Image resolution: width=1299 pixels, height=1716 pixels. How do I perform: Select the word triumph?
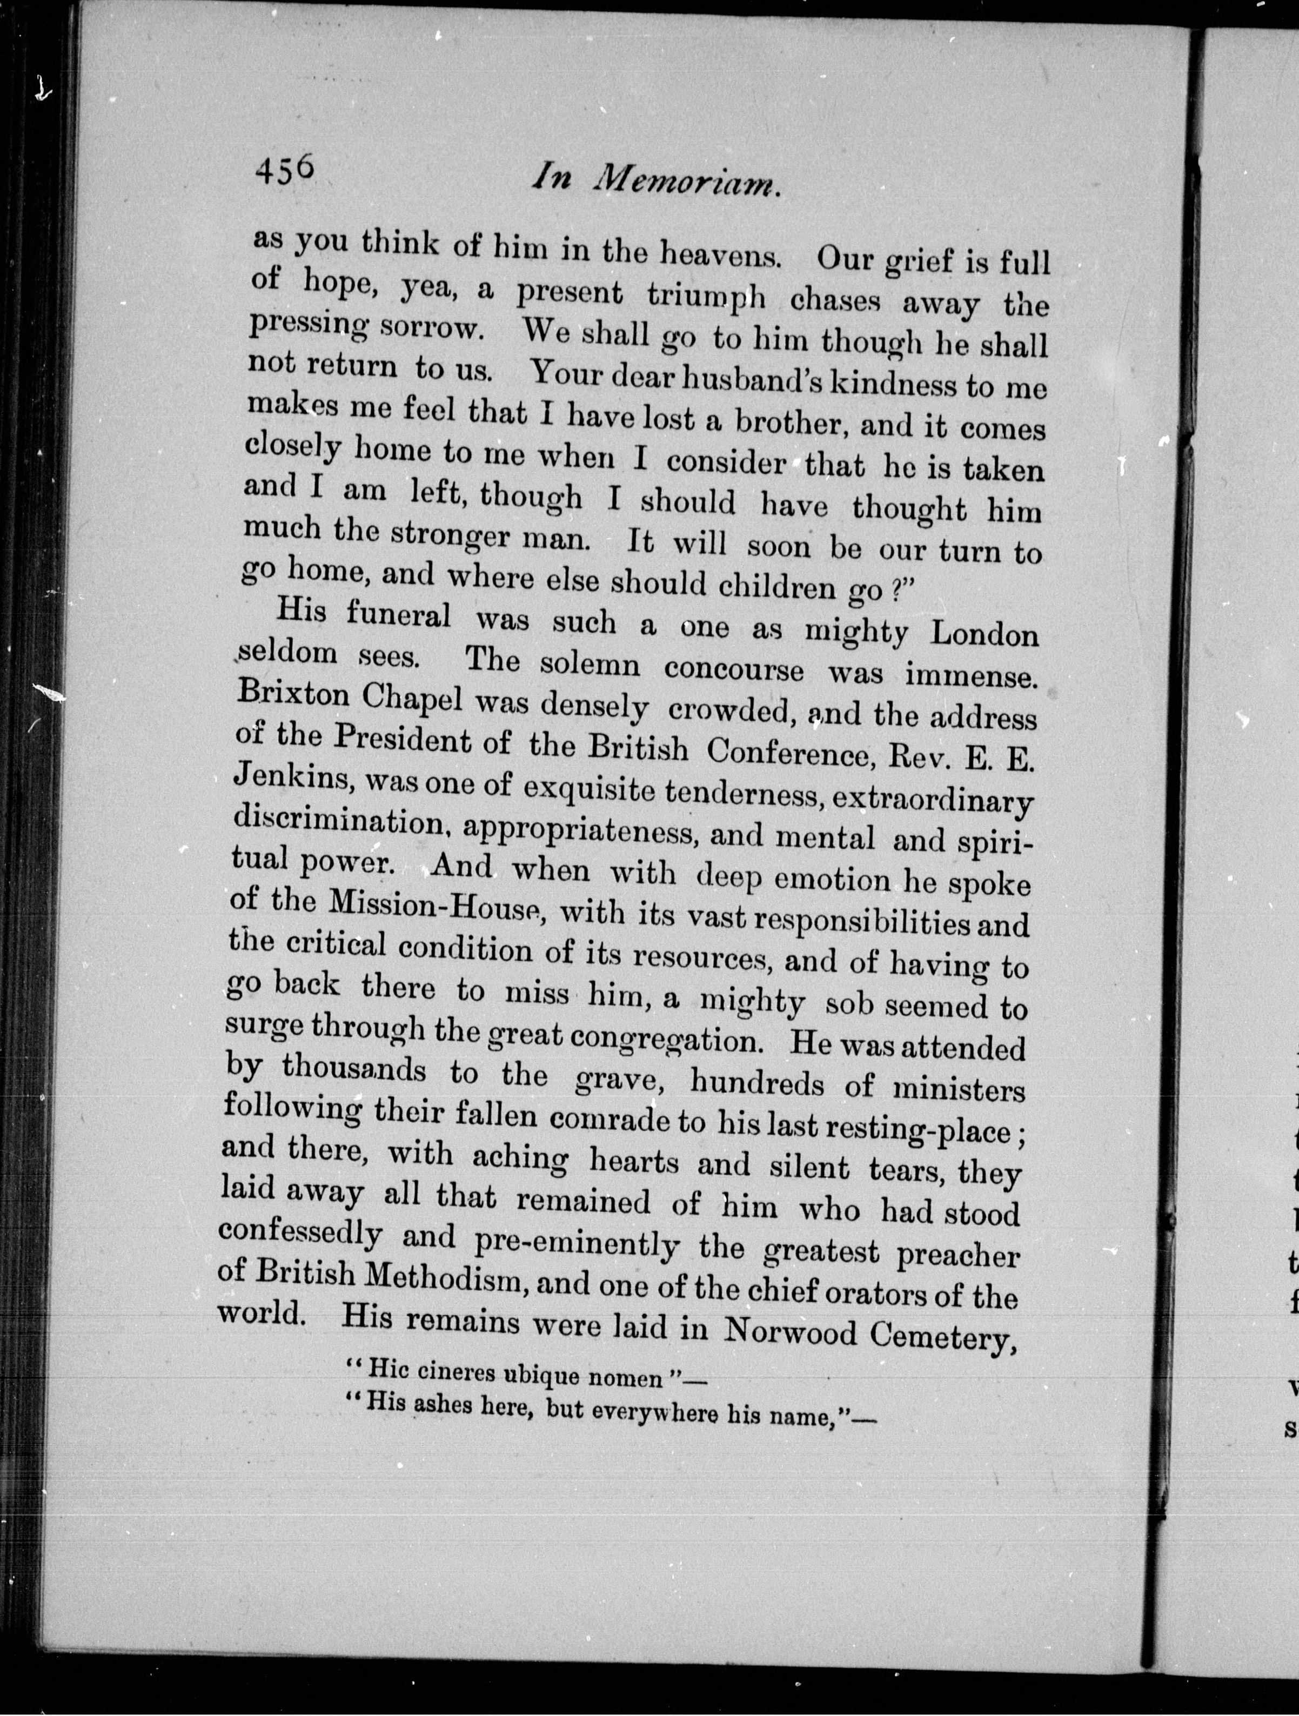pos(706,295)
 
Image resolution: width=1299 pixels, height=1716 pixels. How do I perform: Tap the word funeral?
pos(398,616)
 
